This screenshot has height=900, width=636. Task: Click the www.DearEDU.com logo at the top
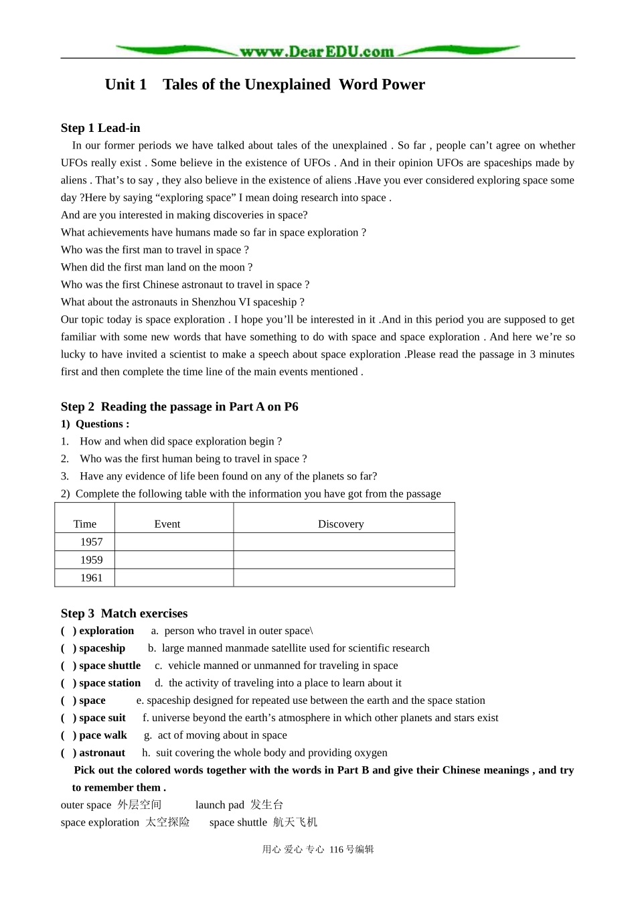(317, 51)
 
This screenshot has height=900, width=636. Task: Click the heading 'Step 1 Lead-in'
(100, 128)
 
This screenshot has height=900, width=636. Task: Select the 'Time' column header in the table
(85, 524)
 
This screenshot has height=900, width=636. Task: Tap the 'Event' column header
(167, 524)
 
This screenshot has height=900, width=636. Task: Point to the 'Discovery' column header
(341, 524)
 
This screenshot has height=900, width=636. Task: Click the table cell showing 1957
(92, 542)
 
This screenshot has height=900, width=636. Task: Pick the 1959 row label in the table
(92, 560)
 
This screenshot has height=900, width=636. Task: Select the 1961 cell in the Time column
(92, 578)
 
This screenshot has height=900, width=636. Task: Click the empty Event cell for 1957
(174, 542)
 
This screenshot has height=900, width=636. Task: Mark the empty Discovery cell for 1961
(344, 578)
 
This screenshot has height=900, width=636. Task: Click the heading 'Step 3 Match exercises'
(124, 613)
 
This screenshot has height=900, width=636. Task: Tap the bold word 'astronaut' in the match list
(102, 753)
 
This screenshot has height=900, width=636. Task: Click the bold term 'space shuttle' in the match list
(110, 666)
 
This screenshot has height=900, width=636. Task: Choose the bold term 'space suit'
(102, 718)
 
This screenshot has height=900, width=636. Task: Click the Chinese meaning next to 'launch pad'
(267, 805)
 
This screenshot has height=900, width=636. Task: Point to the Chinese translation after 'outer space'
(140, 805)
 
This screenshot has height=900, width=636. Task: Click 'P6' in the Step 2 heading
(291, 406)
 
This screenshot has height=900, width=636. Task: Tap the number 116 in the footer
(336, 849)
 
